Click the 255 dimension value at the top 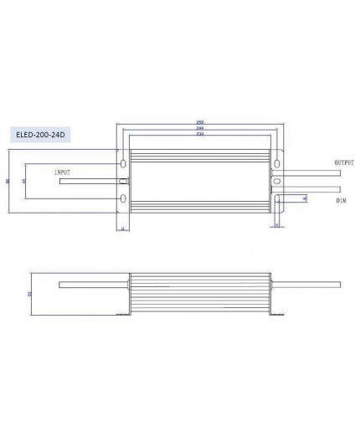click(198, 123)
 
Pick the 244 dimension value click(198, 129)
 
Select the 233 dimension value click(198, 135)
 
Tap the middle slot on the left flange click(124, 180)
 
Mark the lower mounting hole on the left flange click(124, 199)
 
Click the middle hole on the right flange click(272, 180)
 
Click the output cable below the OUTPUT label click(310, 173)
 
